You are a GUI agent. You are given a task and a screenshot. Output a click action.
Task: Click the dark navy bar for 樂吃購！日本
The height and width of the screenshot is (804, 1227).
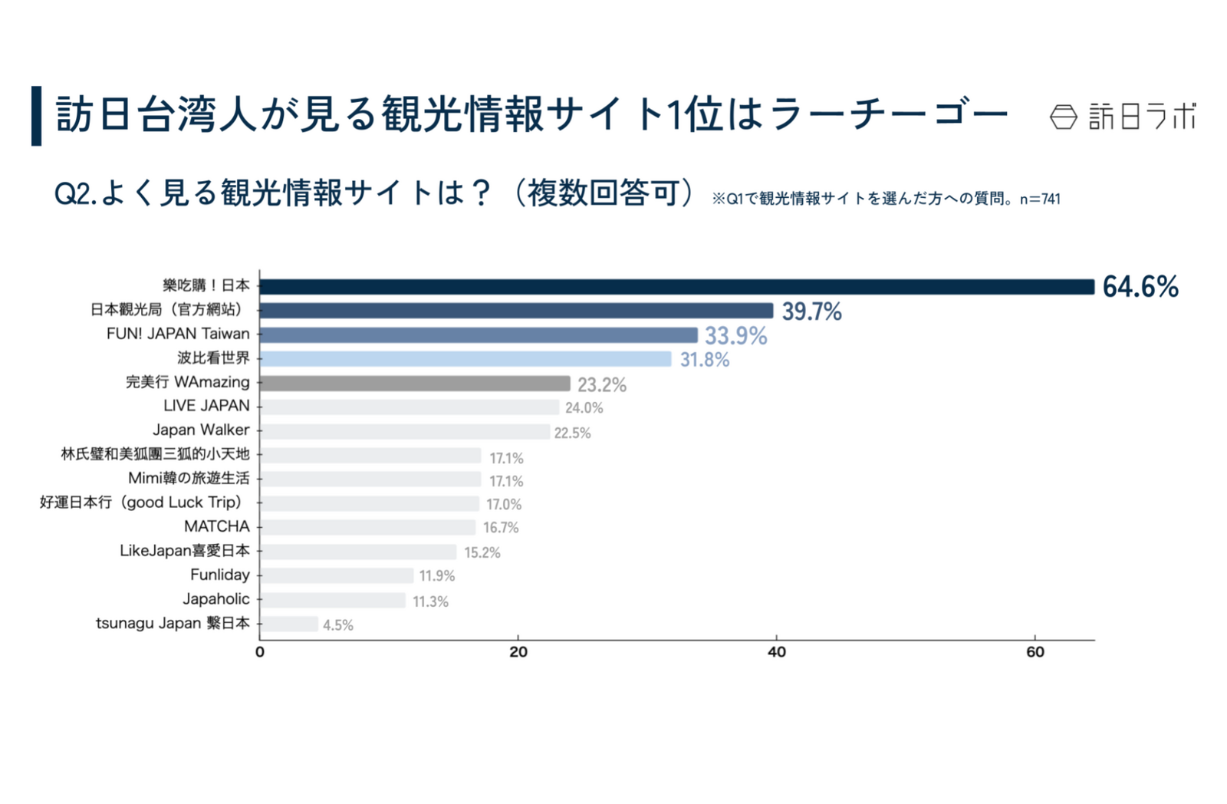tap(676, 286)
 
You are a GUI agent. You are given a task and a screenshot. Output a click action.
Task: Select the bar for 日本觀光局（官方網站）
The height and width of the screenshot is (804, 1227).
tap(516, 310)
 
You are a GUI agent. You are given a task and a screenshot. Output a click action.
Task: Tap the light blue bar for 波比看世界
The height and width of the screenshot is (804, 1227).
tap(465, 358)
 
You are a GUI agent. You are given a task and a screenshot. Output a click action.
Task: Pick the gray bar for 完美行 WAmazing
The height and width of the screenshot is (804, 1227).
tap(415, 383)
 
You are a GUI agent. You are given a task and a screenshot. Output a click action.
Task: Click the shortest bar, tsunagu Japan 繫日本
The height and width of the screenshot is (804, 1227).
tap(289, 624)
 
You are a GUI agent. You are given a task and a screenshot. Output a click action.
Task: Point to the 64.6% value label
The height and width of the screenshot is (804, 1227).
tap(1140, 287)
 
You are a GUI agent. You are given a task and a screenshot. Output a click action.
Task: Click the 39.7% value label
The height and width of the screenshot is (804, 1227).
tap(811, 311)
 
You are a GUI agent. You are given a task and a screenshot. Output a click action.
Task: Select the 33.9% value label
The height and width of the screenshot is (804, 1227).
tap(735, 336)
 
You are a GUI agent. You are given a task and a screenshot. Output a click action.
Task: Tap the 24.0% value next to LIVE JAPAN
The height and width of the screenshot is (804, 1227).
tap(584, 408)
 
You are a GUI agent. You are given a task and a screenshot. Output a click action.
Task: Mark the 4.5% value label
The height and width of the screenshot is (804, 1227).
tap(337, 625)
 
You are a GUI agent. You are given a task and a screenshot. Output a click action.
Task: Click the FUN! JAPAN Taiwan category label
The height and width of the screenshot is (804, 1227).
tap(178, 334)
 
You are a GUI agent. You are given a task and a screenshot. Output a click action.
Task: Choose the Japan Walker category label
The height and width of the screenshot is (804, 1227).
tap(201, 430)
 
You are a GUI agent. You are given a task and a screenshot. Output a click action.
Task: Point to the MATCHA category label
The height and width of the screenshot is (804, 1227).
tap(217, 526)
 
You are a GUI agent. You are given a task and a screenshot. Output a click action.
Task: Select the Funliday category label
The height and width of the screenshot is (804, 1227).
tap(220, 575)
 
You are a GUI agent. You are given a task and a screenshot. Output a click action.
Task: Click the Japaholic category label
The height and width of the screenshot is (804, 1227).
tap(216, 598)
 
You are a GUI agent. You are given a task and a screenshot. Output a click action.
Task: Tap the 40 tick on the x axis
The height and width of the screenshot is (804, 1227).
tap(776, 652)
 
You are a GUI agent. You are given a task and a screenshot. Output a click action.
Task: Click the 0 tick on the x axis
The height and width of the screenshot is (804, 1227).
tap(260, 652)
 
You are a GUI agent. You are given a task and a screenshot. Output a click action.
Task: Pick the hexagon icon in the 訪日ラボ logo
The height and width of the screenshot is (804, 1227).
tap(1063, 117)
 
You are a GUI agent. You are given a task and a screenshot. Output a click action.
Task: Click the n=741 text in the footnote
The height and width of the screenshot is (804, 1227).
tap(1040, 199)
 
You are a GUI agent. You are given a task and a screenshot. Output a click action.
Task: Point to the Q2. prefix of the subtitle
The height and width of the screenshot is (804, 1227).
tap(75, 193)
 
